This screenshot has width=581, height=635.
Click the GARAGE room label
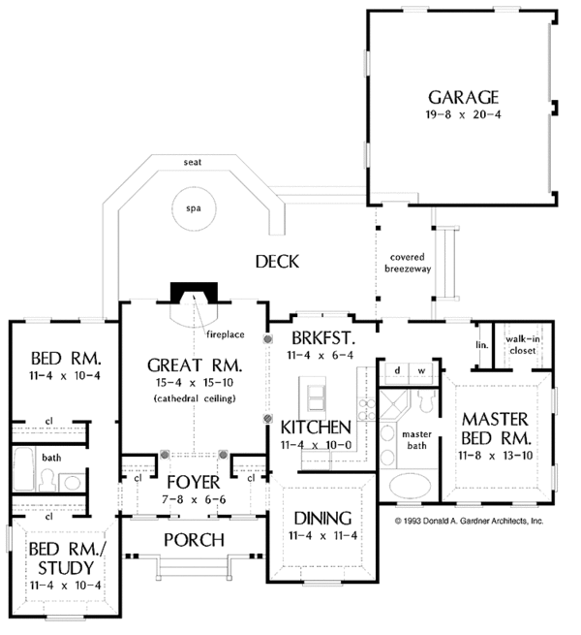[463, 97]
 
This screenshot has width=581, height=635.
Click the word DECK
[277, 262]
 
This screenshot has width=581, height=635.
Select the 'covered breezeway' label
[408, 263]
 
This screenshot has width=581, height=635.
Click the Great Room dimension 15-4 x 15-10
[195, 382]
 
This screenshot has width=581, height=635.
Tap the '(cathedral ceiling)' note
[195, 398]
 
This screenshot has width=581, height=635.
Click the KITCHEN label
[316, 428]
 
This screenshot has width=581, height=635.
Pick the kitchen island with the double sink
[312, 397]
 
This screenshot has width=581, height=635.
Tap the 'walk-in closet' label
[523, 344]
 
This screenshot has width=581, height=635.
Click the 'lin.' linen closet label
[482, 345]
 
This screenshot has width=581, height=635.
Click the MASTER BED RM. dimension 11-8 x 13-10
[495, 456]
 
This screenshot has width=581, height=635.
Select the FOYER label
[194, 483]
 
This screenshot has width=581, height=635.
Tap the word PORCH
[195, 540]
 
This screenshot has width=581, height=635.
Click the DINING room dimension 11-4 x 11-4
[322, 536]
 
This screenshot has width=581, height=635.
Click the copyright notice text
[469, 521]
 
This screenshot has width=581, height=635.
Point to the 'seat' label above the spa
[193, 163]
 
